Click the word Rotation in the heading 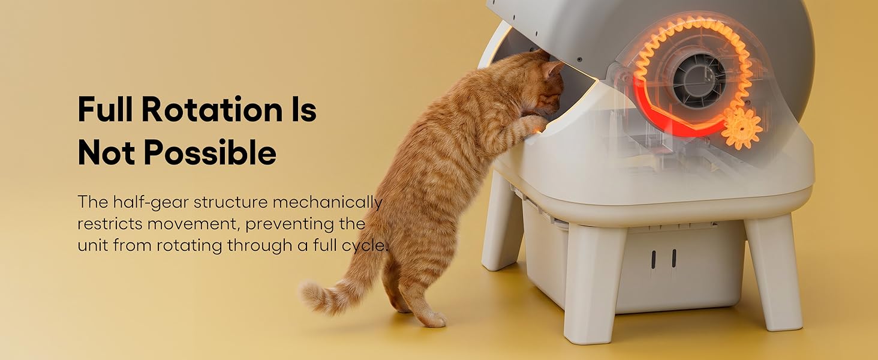(211, 110)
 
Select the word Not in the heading (107, 154)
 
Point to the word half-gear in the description (155, 202)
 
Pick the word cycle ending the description (368, 245)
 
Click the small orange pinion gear (741, 128)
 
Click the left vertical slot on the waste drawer (654, 259)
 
